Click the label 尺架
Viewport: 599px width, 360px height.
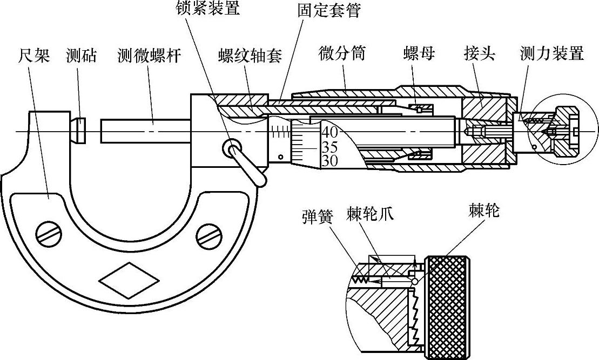(x=33, y=55)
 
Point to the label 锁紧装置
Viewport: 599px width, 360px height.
(x=207, y=8)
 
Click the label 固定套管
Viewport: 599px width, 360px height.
(x=328, y=10)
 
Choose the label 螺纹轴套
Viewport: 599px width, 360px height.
(x=250, y=56)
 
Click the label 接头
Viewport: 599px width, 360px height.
(x=479, y=53)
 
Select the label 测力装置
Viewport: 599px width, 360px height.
(x=551, y=53)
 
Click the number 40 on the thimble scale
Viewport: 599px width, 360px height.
(x=329, y=131)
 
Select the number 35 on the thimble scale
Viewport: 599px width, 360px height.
(x=329, y=146)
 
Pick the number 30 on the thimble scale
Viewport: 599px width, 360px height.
(x=329, y=160)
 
